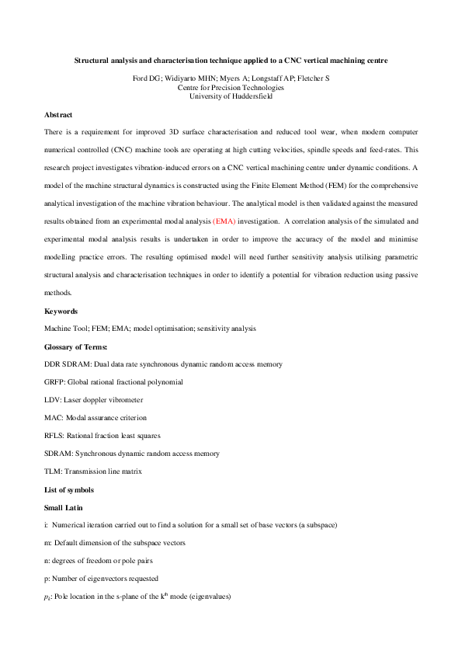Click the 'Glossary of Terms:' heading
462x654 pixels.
pyautogui.click(x=76, y=346)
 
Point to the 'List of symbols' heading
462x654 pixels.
pyautogui.click(x=69, y=489)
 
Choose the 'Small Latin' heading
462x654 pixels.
pyautogui.click(x=64, y=507)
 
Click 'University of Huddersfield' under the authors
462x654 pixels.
pyautogui.click(x=231, y=96)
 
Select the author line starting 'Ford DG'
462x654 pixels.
pyautogui.click(x=231, y=78)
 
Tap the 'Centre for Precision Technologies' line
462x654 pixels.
pyautogui.click(x=231, y=87)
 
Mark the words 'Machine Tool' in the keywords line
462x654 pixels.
pyautogui.click(x=65, y=329)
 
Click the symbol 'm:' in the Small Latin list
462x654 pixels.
pyautogui.click(x=48, y=542)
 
